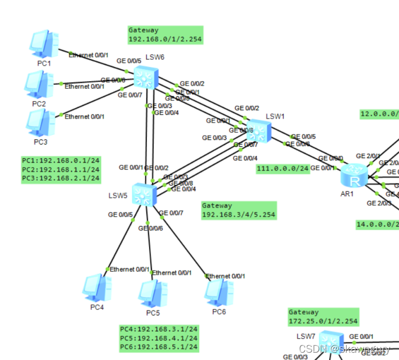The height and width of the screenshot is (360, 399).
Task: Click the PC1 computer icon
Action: click(x=44, y=44)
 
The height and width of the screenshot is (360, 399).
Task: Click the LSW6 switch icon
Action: click(x=146, y=77)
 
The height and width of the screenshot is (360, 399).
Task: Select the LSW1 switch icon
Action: click(x=259, y=130)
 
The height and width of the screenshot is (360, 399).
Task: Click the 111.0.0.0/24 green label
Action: click(x=283, y=168)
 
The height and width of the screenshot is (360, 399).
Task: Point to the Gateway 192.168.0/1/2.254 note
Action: click(x=165, y=35)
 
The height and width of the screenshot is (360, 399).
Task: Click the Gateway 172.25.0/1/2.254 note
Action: click(x=323, y=317)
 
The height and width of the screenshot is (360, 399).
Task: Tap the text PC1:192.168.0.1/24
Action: click(x=61, y=161)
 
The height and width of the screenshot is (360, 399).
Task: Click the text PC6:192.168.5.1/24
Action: click(x=159, y=348)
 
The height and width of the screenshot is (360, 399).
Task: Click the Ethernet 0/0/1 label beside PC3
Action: click(x=84, y=116)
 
